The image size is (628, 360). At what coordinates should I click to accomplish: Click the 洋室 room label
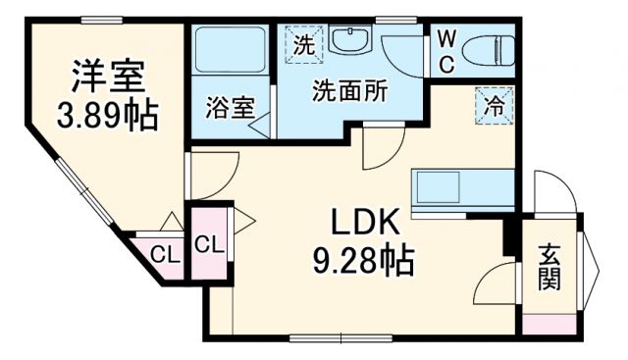[x=109, y=76]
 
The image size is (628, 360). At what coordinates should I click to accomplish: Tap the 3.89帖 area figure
[x=109, y=115]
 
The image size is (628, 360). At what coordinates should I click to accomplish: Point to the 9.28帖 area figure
[x=362, y=260]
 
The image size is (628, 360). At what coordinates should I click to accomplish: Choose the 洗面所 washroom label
[x=348, y=91]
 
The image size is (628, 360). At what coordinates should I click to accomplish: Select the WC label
[x=445, y=52]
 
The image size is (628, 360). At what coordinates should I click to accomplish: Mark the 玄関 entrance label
[x=549, y=267]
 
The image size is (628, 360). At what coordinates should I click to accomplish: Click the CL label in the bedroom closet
[x=164, y=256]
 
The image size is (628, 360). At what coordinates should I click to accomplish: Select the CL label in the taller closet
[x=209, y=244]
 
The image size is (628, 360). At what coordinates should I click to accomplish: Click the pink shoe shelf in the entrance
[x=549, y=323]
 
